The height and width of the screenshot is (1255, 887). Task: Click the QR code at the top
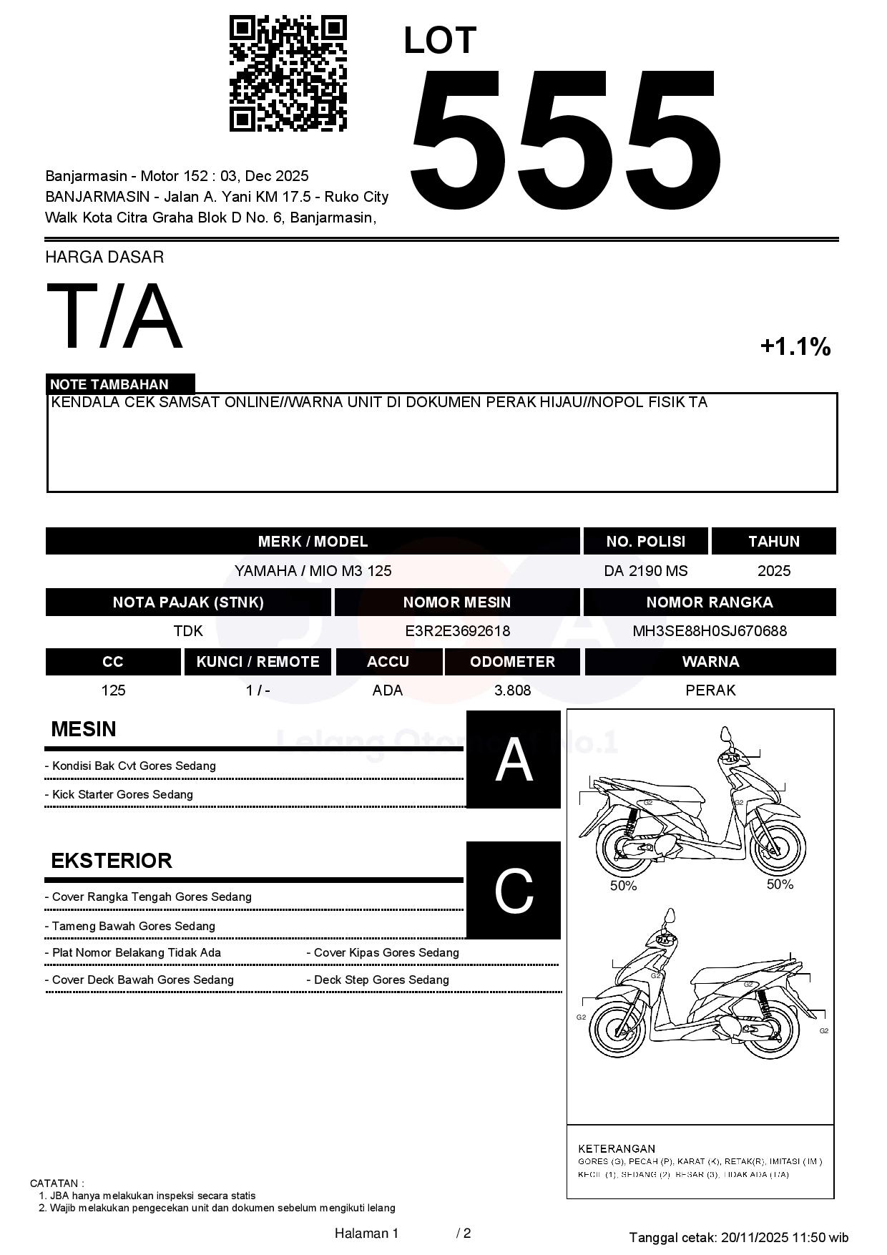tap(288, 74)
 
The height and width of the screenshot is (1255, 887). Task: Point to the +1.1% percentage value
tap(795, 347)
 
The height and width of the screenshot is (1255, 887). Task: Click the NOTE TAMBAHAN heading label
tap(109, 384)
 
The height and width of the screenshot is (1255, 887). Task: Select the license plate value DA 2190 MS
tap(645, 571)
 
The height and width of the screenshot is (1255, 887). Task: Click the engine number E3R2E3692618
tap(457, 631)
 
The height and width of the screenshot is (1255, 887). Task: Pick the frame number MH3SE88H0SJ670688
tap(709, 631)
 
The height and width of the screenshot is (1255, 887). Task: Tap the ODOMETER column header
tap(512, 662)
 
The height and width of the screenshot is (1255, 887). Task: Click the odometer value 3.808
tap(512, 690)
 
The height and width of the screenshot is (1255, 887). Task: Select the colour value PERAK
tap(710, 690)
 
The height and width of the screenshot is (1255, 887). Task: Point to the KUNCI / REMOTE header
tap(258, 662)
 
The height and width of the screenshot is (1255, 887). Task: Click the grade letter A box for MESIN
tap(514, 759)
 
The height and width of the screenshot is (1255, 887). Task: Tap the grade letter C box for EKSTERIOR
tap(514, 890)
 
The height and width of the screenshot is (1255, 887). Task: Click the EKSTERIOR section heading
tap(112, 861)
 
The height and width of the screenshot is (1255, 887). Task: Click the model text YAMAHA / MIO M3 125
tap(313, 571)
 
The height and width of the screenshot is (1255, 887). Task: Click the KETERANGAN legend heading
tap(616, 1148)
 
